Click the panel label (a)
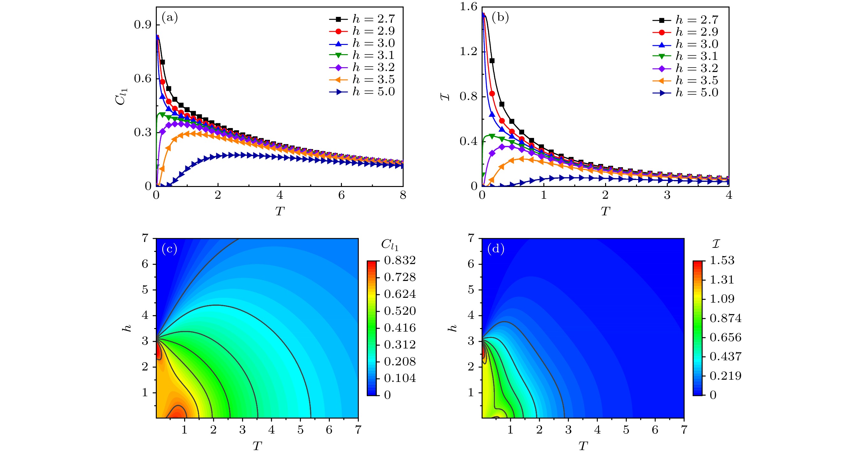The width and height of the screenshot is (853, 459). pos(170,17)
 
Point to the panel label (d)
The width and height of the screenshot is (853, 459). pos(496,248)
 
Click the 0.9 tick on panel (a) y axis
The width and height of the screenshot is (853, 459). pos(143,25)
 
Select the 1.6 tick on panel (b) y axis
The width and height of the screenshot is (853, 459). pos(468,7)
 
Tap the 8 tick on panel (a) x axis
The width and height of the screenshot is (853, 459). pos(403,196)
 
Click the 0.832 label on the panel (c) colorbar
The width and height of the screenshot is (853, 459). pos(400,261)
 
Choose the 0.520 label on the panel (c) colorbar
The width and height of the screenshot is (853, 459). pos(400,311)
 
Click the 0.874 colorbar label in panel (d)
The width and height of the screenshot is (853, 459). pos(726,318)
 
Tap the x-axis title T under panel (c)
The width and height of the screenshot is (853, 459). pos(257,446)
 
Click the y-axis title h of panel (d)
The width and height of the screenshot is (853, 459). pos(452,328)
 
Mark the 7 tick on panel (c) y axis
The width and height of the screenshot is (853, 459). pos(145,238)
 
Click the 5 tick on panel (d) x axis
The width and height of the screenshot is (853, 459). pos(626,430)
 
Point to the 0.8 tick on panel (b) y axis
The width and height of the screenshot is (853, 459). pos(468,96)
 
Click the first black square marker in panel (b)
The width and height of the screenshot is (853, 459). pos(492,61)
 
